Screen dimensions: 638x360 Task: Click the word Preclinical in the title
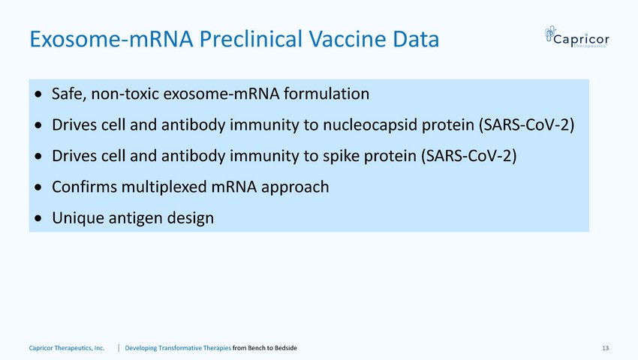[x=250, y=39]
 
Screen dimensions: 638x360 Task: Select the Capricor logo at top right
[x=577, y=37]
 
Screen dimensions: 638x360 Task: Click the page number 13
[x=606, y=348]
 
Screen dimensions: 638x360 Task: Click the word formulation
[x=327, y=94]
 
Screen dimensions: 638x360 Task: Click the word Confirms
[x=84, y=187]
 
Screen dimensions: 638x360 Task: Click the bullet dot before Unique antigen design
[x=38, y=219]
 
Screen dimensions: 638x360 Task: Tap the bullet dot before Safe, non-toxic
[x=38, y=94]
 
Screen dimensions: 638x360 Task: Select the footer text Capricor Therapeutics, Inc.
[x=67, y=348]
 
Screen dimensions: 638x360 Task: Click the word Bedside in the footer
[x=286, y=348]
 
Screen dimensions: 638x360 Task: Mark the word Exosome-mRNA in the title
[x=111, y=39]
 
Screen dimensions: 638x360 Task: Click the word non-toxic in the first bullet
[x=125, y=94]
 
